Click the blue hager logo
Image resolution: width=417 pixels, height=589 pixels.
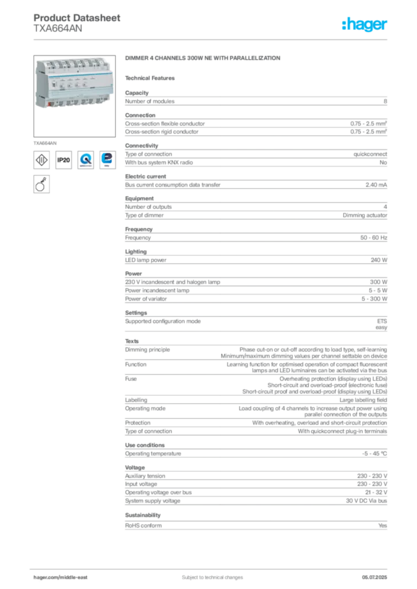[x=366, y=25]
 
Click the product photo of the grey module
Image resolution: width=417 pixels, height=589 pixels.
[x=74, y=83]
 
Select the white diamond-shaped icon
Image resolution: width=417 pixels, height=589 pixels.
[x=41, y=160]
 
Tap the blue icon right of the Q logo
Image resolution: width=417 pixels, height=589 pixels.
[x=107, y=159]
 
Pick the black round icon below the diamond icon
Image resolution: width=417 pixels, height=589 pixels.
[x=41, y=185]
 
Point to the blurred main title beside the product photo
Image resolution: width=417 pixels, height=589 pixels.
[x=202, y=59]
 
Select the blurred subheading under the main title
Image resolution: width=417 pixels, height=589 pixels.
[x=152, y=78]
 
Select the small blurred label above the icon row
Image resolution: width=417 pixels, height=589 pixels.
[x=46, y=140]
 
